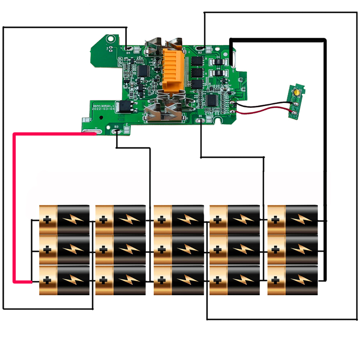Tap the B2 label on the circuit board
point(200,53)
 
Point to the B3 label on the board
point(116,127)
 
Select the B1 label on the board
point(201,116)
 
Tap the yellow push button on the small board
point(298,92)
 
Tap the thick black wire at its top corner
point(325,40)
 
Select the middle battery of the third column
point(179,249)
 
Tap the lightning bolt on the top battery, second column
point(130,219)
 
